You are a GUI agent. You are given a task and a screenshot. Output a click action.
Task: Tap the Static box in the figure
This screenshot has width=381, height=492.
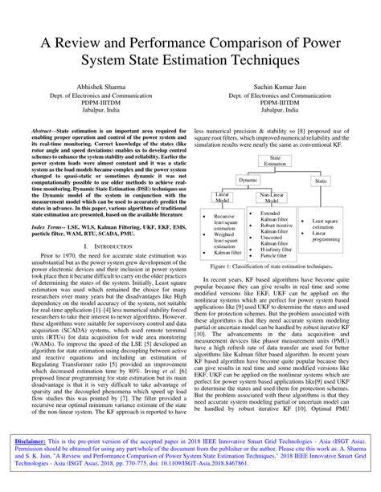(x=322, y=181)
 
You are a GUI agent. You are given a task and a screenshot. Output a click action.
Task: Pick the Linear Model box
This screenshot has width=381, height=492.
(x=222, y=198)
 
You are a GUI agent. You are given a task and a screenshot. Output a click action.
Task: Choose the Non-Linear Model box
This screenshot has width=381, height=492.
(x=268, y=198)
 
